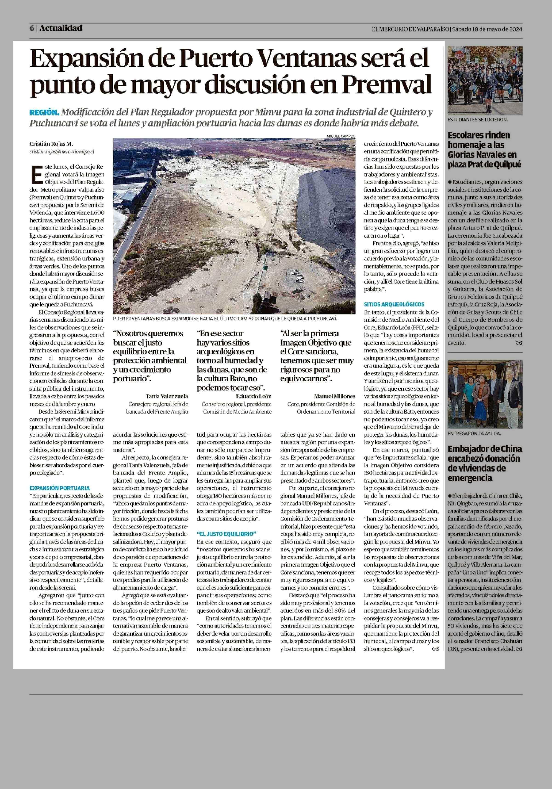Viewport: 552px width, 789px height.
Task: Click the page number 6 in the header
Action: (32, 28)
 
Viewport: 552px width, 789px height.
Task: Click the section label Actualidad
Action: (60, 28)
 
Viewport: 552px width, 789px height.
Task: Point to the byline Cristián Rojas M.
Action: (51, 144)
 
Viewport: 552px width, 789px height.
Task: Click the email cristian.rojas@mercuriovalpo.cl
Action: (62, 151)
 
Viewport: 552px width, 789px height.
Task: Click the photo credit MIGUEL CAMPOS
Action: (341, 136)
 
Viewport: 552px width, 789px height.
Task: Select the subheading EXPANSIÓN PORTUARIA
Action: (59, 488)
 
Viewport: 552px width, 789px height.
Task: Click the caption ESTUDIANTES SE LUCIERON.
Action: (477, 120)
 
